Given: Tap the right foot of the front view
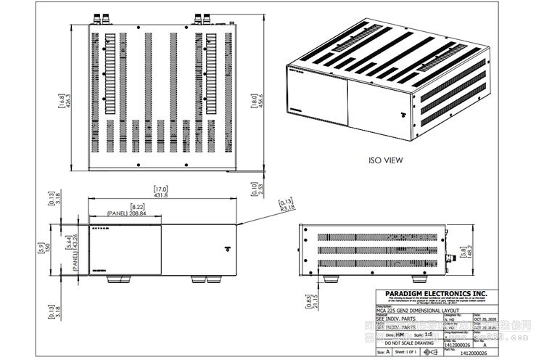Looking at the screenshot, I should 198,279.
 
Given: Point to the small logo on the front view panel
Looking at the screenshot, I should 229,249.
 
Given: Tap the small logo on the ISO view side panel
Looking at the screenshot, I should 397,114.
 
